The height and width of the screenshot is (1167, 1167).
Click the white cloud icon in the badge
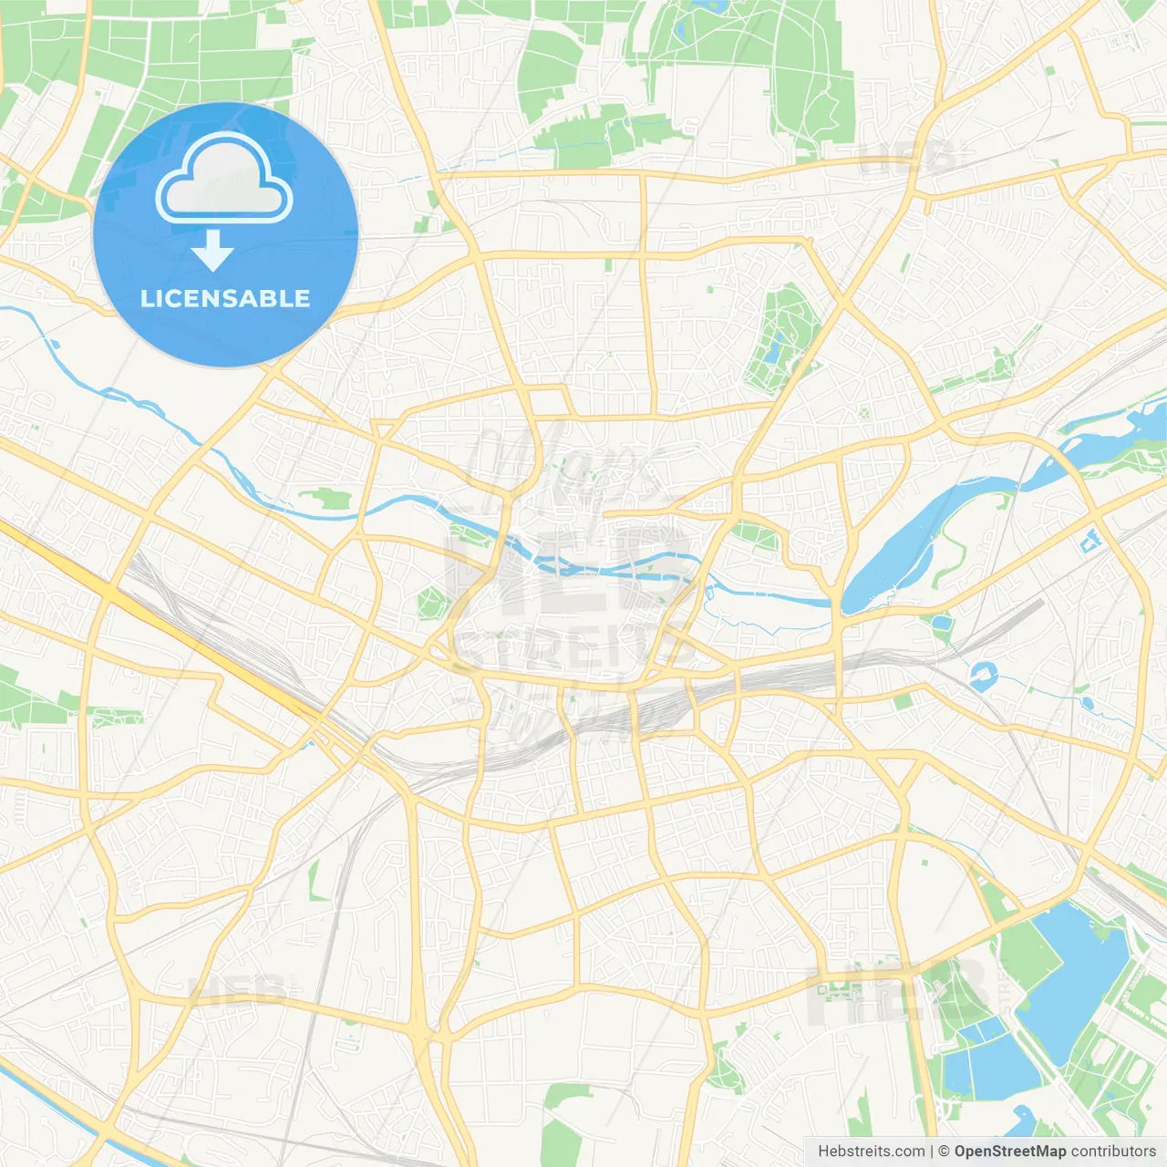tap(224, 180)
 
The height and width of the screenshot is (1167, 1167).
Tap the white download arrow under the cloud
tap(212, 250)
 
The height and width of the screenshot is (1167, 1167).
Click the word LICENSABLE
tap(225, 298)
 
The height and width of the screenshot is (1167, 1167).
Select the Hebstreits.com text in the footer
tap(871, 1152)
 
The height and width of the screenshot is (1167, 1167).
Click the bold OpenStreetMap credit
tap(1010, 1152)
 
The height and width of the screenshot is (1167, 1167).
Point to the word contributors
tap(1113, 1152)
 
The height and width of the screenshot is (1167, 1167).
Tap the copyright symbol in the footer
tap(944, 1152)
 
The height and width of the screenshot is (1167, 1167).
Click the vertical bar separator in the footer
tap(932, 1152)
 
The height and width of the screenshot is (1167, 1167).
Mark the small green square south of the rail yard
tap(903, 701)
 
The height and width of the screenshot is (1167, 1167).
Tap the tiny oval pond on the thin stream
tap(1087, 704)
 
